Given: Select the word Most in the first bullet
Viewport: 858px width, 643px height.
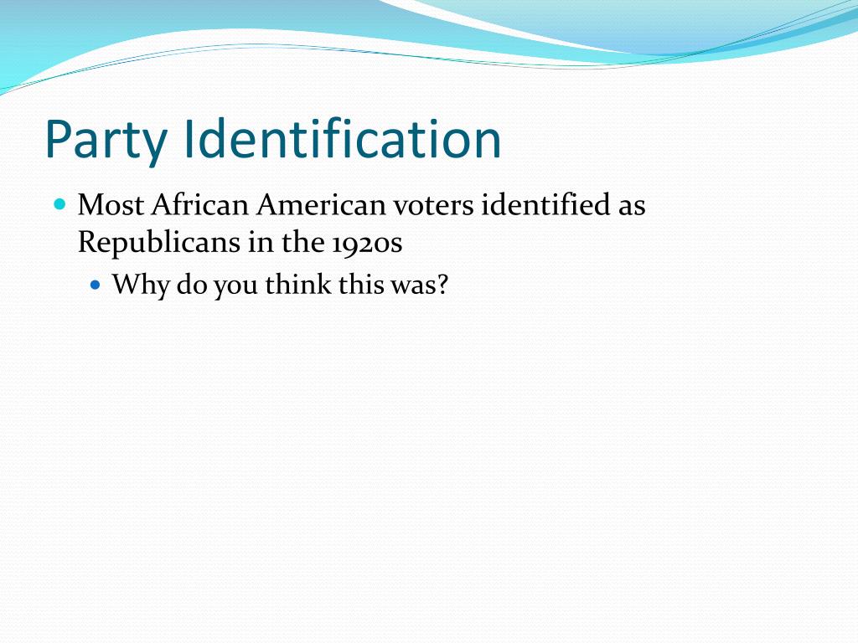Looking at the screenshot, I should point(111,205).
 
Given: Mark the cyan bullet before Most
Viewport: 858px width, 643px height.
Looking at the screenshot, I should point(59,203).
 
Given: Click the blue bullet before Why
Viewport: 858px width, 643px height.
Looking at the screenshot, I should point(95,285).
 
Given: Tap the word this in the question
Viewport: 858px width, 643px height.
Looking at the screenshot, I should point(359,285).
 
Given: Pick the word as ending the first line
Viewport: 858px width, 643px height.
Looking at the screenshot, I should point(632,206).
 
